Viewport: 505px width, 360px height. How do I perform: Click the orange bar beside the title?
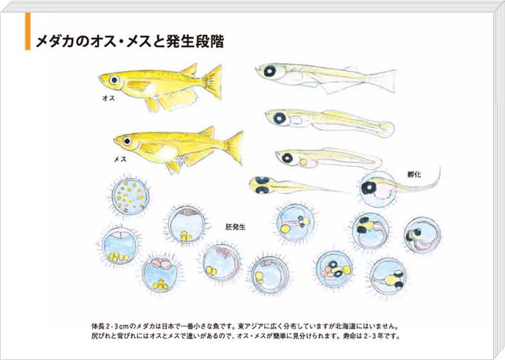27,32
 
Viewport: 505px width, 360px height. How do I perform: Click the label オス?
108,98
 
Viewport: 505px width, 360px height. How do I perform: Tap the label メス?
120,159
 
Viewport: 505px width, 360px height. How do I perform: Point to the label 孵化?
414,175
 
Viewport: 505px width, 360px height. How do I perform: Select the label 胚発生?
235,227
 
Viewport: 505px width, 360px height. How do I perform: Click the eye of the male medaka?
114,79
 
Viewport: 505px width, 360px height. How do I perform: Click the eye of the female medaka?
127,140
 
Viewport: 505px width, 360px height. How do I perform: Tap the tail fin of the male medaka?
214,82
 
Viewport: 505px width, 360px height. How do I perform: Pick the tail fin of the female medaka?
235,148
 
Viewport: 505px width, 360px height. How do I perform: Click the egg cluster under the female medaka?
182,159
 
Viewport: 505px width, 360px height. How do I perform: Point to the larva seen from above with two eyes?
290,186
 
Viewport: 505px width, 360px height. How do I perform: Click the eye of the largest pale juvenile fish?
269,70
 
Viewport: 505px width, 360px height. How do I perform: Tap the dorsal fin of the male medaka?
190,69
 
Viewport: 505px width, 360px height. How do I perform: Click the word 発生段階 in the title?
195,42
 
